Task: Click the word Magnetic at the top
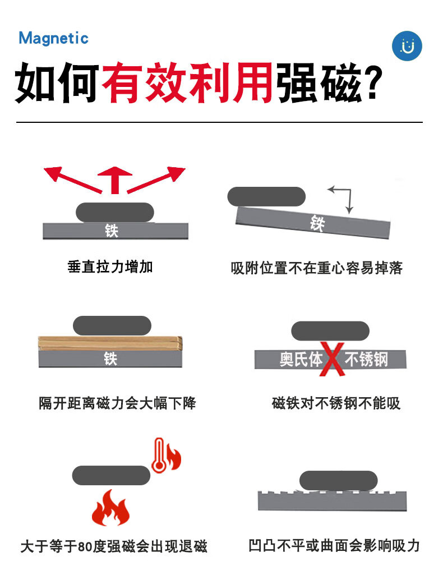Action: (54, 38)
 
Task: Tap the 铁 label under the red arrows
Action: (112, 231)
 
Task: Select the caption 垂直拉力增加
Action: (110, 266)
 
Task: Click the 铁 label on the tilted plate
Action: (317, 224)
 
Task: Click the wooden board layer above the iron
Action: (110, 342)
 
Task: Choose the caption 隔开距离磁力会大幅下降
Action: (117, 403)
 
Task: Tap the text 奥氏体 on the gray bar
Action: (301, 359)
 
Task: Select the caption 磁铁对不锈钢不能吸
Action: (336, 403)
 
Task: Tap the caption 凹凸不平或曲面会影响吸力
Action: (334, 545)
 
